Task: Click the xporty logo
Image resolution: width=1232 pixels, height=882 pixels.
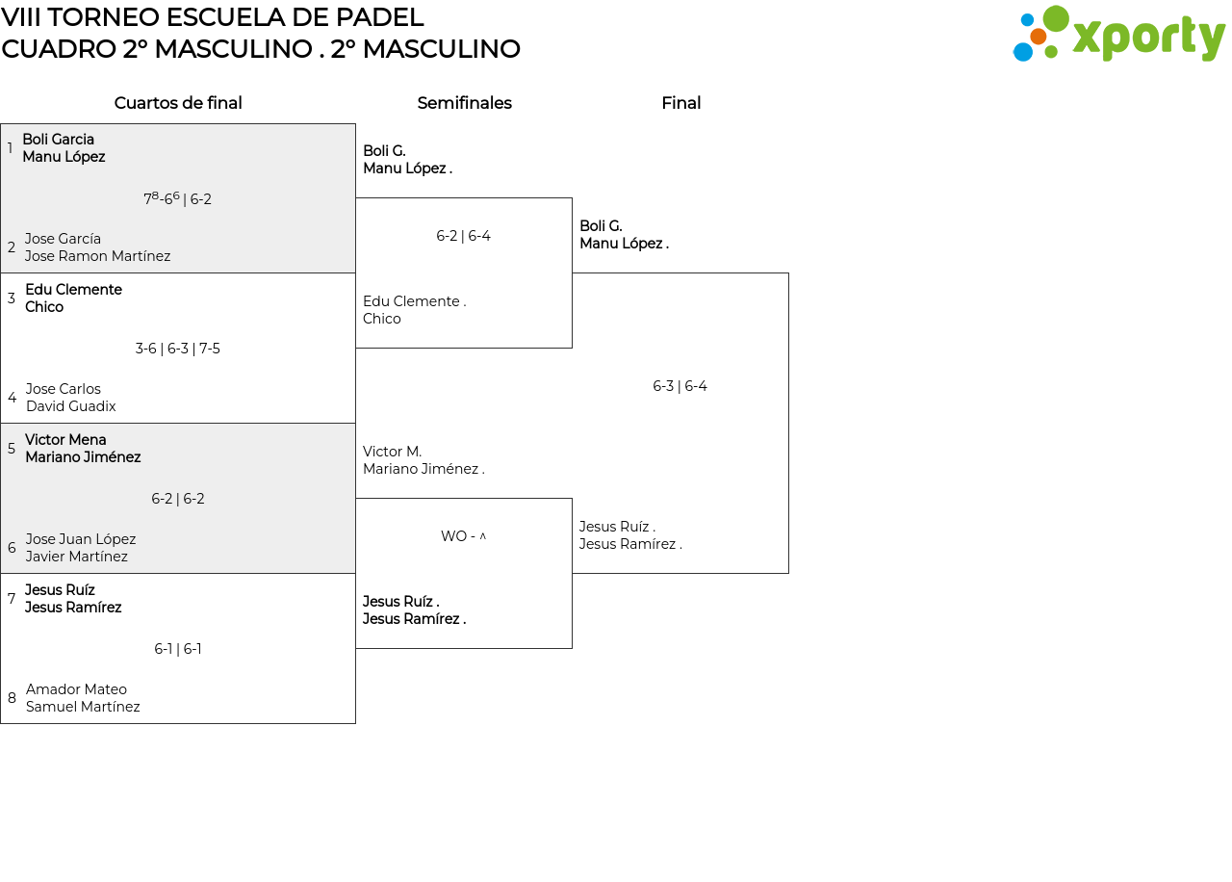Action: coord(1118,34)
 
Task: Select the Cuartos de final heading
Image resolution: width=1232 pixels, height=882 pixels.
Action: coord(178,103)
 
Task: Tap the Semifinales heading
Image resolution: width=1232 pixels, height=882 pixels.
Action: coord(464,103)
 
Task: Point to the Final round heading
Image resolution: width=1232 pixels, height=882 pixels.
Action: coord(680,103)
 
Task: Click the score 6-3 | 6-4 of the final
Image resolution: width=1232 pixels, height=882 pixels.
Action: coord(680,386)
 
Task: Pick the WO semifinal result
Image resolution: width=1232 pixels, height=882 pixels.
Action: coord(464,536)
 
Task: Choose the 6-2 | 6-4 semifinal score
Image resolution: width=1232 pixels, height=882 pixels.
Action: coord(463,236)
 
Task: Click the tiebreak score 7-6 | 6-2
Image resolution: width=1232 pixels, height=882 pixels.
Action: coord(178,198)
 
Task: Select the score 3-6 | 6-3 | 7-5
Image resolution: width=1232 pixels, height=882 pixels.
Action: coord(178,349)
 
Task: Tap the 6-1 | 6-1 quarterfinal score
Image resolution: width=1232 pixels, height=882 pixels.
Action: coord(178,649)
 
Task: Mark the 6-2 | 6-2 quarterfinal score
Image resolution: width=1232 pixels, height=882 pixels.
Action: coord(178,499)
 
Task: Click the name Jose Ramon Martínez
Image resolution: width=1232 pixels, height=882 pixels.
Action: coord(97,256)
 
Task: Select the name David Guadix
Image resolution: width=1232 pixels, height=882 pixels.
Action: coord(71,406)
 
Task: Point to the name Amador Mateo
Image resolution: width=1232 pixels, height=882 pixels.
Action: coord(76,688)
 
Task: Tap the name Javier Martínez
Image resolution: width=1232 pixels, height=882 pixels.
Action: coord(76,557)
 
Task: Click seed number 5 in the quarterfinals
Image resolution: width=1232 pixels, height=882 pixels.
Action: coord(12,449)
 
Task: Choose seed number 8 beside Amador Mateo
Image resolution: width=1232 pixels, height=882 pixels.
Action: coord(12,698)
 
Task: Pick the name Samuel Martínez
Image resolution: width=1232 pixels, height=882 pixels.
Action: coord(83,707)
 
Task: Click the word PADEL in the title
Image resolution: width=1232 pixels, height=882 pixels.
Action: coord(379,17)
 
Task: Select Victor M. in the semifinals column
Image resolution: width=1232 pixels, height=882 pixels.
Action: coord(392,452)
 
